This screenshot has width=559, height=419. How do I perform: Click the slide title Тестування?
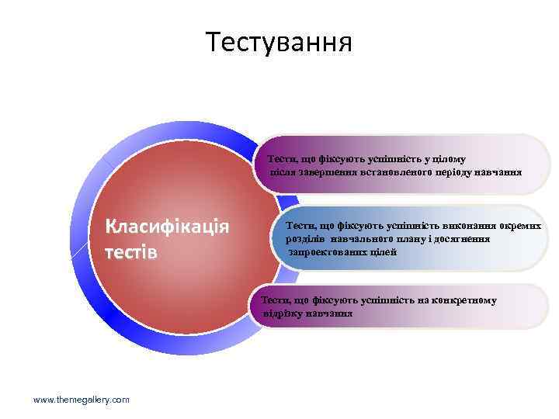click(279, 41)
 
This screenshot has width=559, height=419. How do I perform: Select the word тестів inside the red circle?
click(131, 253)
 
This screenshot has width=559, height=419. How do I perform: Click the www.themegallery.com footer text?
click(82, 399)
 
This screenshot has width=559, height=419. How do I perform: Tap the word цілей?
click(384, 252)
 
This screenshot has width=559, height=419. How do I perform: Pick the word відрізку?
click(286, 313)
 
